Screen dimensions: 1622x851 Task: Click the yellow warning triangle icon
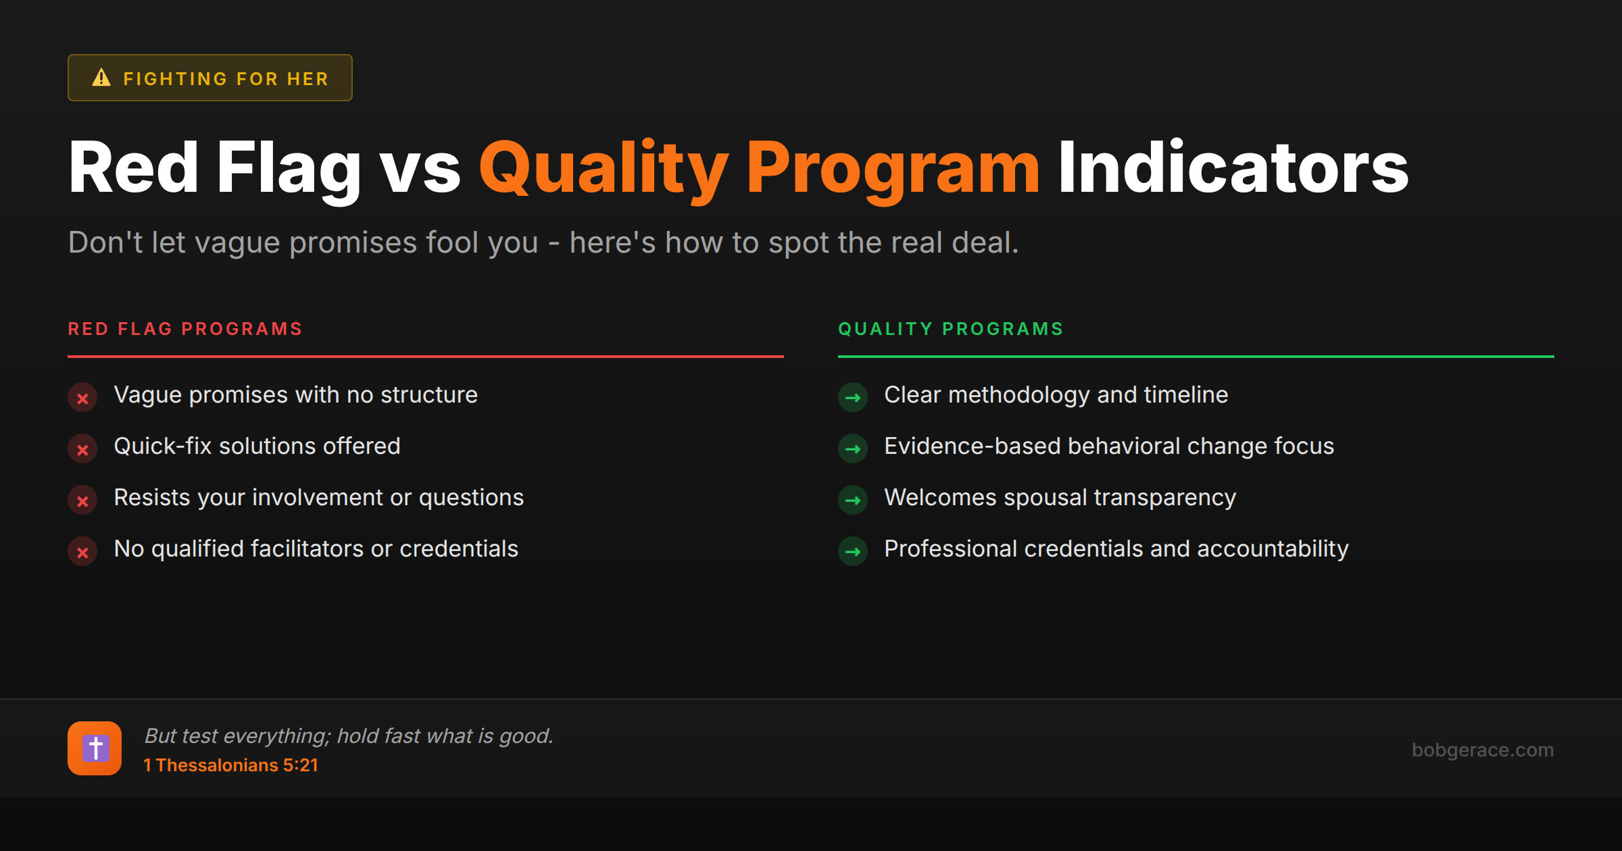tap(101, 78)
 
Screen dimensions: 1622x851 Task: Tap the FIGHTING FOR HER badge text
tap(226, 79)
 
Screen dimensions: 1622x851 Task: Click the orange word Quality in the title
tap(604, 168)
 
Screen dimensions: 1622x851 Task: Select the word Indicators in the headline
tap(1233, 167)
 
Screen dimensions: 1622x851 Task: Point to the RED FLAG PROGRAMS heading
tap(185, 329)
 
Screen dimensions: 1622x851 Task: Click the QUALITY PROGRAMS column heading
tap(951, 329)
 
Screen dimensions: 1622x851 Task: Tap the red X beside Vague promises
tap(82, 398)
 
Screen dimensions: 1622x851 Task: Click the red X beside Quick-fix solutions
tap(82, 449)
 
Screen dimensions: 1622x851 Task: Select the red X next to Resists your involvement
tap(82, 500)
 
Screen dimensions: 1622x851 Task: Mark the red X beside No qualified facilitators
tap(82, 552)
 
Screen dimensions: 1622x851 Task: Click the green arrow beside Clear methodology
tap(853, 398)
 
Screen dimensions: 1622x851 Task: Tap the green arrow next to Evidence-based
tap(853, 449)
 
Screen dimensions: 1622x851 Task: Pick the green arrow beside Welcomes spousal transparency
tap(853, 500)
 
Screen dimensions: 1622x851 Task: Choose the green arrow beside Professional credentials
tap(853, 552)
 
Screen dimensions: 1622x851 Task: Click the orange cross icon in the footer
tap(95, 748)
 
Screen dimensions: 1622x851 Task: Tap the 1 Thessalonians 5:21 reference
tap(230, 765)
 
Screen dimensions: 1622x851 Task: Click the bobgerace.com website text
tap(1483, 750)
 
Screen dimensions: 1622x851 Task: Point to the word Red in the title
tap(133, 167)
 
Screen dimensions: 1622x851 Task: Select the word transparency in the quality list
tap(1165, 498)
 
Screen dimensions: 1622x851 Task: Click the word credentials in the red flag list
tap(459, 549)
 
